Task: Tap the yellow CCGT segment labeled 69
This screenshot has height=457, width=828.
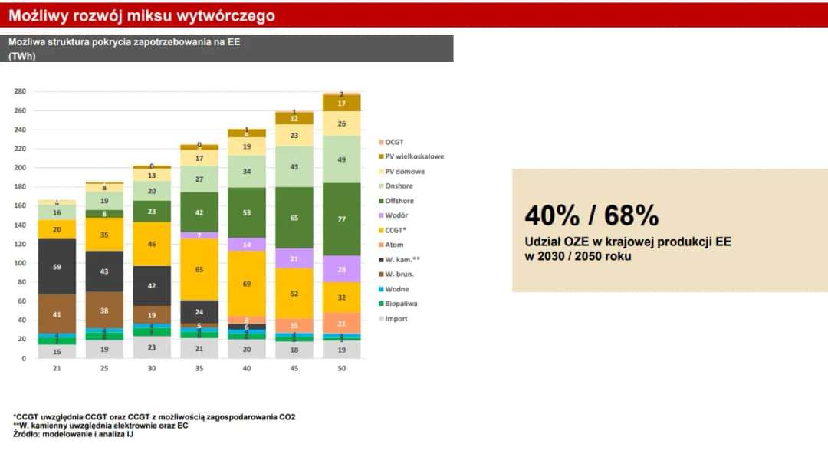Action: (x=247, y=284)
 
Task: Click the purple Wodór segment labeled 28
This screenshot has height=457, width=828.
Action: (x=342, y=269)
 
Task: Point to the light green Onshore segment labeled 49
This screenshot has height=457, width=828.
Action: (x=342, y=159)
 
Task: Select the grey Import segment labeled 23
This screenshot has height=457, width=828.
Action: (x=151, y=347)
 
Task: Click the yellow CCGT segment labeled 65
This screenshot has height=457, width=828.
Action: (x=199, y=270)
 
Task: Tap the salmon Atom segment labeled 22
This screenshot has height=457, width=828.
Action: (x=342, y=323)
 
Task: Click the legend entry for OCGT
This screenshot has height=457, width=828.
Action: (x=396, y=142)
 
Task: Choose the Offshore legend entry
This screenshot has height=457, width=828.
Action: (x=399, y=201)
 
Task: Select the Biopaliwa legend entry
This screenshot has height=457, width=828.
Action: (x=400, y=304)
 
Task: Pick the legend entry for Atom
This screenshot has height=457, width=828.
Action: (x=396, y=245)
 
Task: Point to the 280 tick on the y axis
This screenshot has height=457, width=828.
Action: (x=20, y=91)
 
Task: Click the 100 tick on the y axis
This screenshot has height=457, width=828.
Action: (x=20, y=263)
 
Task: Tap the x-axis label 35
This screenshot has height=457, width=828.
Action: (x=199, y=369)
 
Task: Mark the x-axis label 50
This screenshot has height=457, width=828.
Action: (x=342, y=369)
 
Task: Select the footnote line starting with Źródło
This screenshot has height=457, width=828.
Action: (x=89, y=434)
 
